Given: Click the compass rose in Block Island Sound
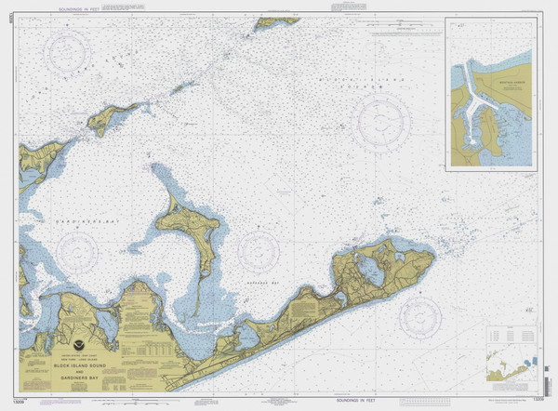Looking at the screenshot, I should (x=380, y=122).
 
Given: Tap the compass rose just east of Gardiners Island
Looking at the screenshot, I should (x=258, y=251).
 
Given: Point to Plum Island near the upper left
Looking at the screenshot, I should (x=113, y=119).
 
